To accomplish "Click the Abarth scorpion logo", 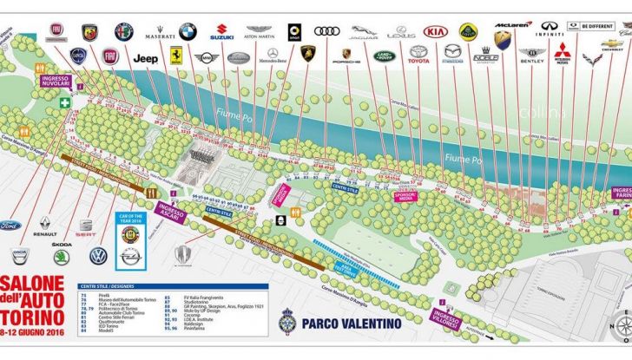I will [89, 31].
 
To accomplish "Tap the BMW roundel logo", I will [188, 31].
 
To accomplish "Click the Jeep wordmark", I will [144, 58].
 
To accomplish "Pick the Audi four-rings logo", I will [327, 31].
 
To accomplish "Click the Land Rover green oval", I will [384, 57].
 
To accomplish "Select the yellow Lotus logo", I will [469, 31].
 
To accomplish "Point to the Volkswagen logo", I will [98, 256].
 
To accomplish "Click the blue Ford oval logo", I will [9, 226].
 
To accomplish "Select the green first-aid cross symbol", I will [65, 101].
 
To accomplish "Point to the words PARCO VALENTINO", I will [352, 324].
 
